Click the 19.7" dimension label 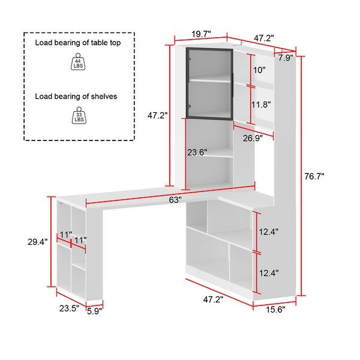(200, 35)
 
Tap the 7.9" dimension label (286, 58)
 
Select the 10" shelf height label (259, 70)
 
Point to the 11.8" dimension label (261, 104)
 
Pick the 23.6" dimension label (197, 152)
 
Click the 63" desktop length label (175, 200)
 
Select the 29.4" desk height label (37, 242)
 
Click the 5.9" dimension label (94, 311)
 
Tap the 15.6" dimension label (275, 309)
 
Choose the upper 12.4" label (269, 232)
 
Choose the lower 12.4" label (269, 273)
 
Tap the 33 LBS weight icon (79, 116)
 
